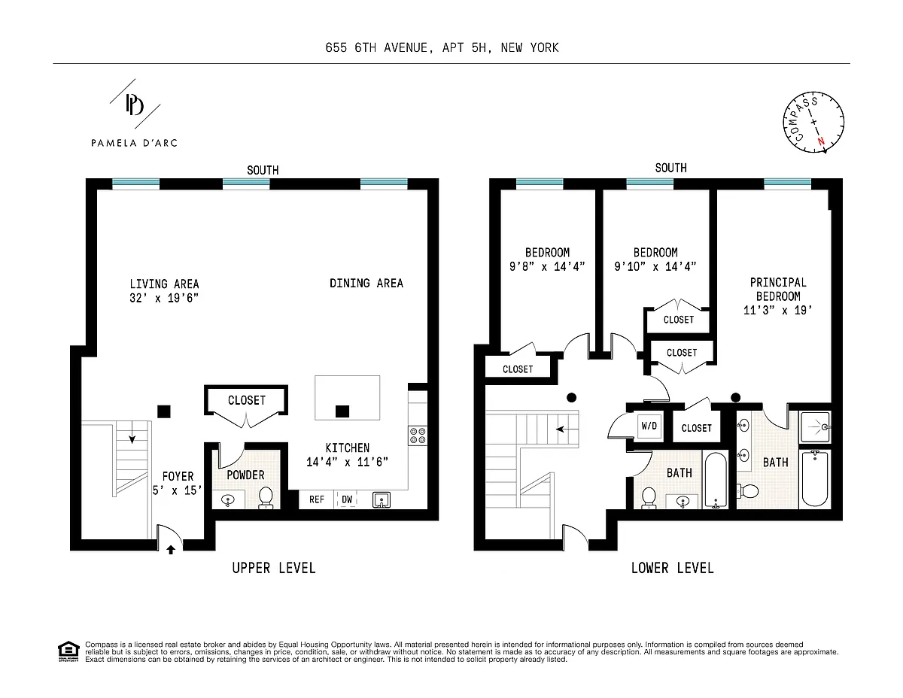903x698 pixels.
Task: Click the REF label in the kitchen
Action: click(316, 499)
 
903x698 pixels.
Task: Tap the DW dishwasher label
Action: click(347, 499)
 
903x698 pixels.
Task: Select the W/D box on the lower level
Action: click(649, 426)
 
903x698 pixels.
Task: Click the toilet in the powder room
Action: click(266, 497)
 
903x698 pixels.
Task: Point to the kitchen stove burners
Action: click(418, 435)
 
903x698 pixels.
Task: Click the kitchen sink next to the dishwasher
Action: click(381, 499)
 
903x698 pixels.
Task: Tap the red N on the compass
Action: click(821, 141)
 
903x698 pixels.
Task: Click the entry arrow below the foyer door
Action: click(170, 550)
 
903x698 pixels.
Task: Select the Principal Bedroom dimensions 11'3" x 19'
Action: click(777, 311)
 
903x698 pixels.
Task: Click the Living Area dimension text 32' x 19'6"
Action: click(164, 298)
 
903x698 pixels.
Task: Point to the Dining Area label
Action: click(366, 283)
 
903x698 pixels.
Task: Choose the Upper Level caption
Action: click(274, 568)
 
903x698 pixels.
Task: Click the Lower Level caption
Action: click(673, 568)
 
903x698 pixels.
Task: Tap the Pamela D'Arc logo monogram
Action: click(135, 105)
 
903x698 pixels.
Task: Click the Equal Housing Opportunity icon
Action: click(68, 651)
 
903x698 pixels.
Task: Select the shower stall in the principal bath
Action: click(815, 427)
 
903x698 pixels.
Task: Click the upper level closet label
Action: click(246, 400)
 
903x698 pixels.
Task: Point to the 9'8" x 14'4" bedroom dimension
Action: click(547, 266)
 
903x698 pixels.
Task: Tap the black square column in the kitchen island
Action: click(342, 411)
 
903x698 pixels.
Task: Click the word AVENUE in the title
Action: click(407, 48)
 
